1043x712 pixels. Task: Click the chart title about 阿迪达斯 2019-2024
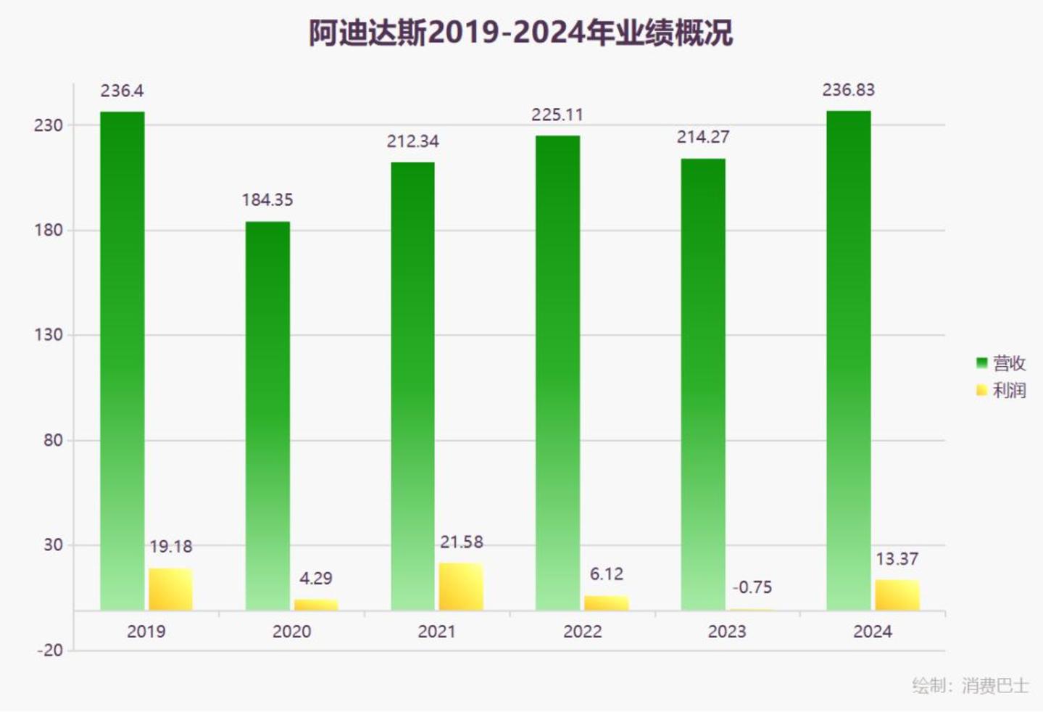click(x=520, y=33)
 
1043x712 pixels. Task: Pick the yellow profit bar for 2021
click(x=461, y=587)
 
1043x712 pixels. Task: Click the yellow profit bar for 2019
click(x=170, y=589)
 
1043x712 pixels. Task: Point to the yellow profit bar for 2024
click(x=897, y=595)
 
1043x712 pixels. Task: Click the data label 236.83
click(x=848, y=90)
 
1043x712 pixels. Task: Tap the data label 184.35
click(x=267, y=200)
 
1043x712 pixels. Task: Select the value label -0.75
click(x=752, y=587)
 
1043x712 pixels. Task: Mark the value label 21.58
click(x=461, y=542)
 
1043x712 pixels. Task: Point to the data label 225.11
click(x=557, y=115)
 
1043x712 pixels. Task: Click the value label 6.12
click(x=606, y=574)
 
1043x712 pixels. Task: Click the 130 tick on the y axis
click(x=49, y=335)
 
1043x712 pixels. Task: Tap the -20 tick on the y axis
click(x=50, y=650)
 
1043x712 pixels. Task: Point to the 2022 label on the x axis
click(x=582, y=632)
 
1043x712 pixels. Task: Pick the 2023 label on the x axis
click(x=727, y=632)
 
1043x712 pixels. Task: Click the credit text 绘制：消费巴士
click(x=970, y=685)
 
